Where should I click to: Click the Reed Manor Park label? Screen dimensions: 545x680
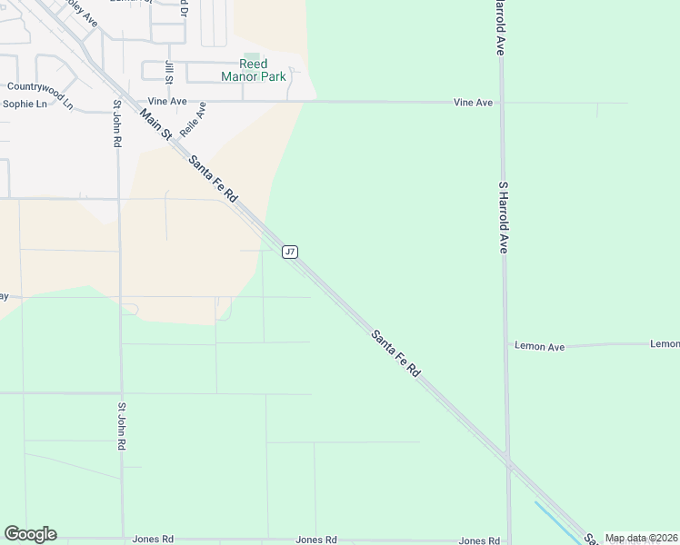pyautogui.click(x=254, y=70)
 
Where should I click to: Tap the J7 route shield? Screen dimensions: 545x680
pyautogui.click(x=290, y=252)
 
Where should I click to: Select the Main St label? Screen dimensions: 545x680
pyautogui.click(x=155, y=124)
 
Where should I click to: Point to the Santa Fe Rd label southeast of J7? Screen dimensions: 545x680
pyautogui.click(x=396, y=353)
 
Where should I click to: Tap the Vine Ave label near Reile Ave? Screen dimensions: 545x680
pyautogui.click(x=166, y=103)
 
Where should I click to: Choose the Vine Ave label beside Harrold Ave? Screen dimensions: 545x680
pyautogui.click(x=473, y=103)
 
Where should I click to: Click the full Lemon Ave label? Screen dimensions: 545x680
pyautogui.click(x=540, y=346)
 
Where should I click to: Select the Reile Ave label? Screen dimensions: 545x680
pyautogui.click(x=194, y=119)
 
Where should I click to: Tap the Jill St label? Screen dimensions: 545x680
pyautogui.click(x=169, y=70)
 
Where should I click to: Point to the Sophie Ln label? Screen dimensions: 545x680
pyautogui.click(x=25, y=104)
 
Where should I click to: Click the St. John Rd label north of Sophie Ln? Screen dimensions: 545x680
pyautogui.click(x=116, y=124)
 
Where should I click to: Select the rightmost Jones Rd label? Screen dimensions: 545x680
pyautogui.click(x=479, y=540)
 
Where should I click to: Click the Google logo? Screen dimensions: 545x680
pyautogui.click(x=30, y=534)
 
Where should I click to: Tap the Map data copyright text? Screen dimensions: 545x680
pyautogui.click(x=641, y=538)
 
